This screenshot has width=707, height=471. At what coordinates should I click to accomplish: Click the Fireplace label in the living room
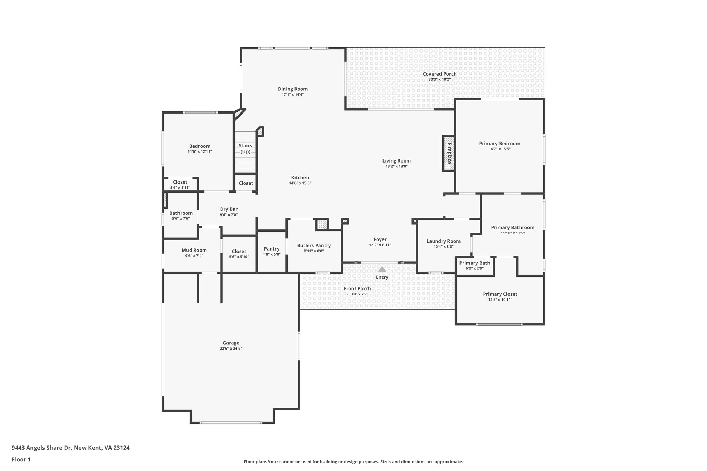click(449, 153)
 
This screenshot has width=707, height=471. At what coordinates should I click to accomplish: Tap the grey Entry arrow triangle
click(382, 269)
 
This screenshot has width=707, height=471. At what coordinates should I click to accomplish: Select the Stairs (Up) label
click(245, 148)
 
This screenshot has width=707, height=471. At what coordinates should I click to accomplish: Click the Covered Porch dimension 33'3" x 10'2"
click(439, 79)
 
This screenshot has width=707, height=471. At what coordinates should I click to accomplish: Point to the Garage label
click(231, 343)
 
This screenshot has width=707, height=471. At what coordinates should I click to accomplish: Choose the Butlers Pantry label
click(314, 245)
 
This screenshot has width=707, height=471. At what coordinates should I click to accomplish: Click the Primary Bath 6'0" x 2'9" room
click(475, 266)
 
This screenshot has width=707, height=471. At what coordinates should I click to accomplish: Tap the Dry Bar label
click(229, 209)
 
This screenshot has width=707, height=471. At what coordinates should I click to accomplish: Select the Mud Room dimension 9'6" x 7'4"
click(194, 256)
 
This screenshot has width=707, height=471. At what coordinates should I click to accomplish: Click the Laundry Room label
click(443, 241)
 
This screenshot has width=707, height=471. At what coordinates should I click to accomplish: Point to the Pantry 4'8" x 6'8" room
click(271, 251)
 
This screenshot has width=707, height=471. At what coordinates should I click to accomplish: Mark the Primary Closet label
click(500, 294)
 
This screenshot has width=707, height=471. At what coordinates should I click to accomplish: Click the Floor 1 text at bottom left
click(21, 459)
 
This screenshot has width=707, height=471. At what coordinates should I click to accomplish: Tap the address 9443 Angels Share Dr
click(70, 448)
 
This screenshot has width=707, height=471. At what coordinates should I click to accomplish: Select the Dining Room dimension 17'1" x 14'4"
click(293, 95)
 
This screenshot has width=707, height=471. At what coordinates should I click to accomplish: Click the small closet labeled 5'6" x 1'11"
click(180, 185)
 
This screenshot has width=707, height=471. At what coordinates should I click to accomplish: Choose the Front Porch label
click(357, 288)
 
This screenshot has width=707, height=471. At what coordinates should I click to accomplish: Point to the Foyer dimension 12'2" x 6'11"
click(380, 245)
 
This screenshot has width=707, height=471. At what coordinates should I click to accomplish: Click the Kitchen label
click(300, 177)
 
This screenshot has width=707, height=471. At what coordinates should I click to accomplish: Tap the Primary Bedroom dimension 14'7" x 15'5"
click(499, 149)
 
